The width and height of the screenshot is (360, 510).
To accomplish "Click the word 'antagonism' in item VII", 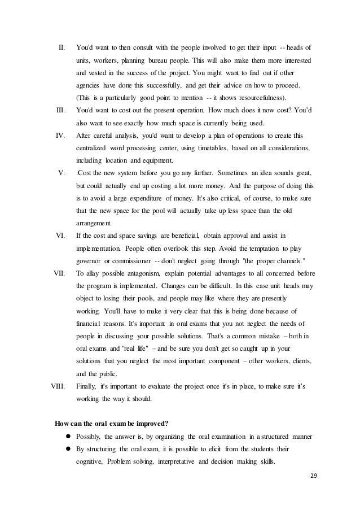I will tap(148, 273).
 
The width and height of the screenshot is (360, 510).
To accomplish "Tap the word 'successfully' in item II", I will tap(157, 85).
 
